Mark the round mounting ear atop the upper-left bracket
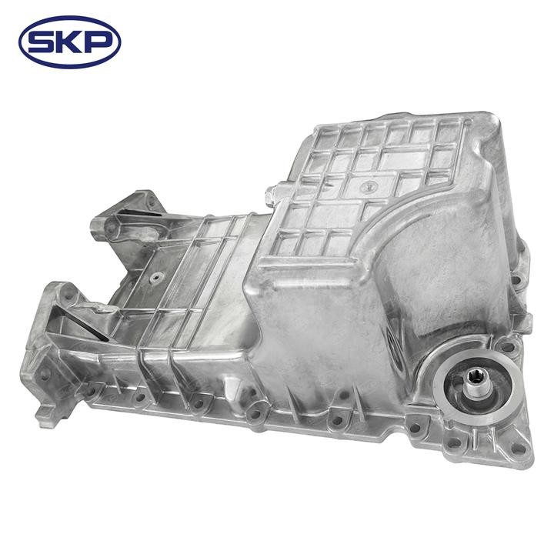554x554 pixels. point(144,201)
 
